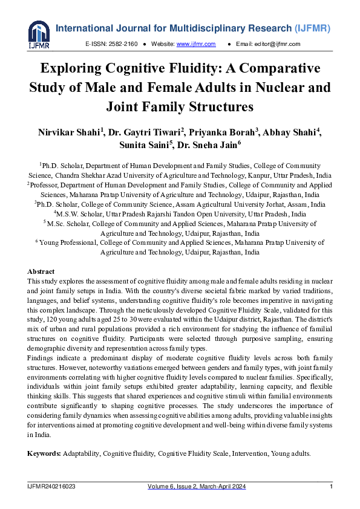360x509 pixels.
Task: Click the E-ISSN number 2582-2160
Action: [x=125, y=44]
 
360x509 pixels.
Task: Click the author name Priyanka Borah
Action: [x=213, y=132]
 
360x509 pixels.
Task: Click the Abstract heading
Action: [x=41, y=272]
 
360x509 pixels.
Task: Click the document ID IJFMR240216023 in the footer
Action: [x=51, y=487]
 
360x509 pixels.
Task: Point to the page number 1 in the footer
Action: [x=331, y=487]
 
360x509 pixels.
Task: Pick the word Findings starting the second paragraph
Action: [x=42, y=357]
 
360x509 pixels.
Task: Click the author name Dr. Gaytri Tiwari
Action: [x=142, y=132]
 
